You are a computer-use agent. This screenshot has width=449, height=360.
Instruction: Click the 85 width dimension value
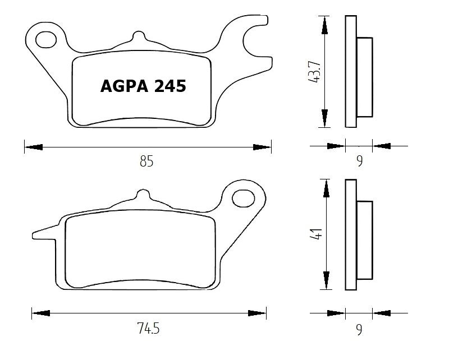146,162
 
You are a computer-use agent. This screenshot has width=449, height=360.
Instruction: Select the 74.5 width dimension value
148,328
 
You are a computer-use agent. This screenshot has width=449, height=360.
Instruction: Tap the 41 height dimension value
317,234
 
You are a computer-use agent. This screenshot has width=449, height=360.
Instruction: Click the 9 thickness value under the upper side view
359,161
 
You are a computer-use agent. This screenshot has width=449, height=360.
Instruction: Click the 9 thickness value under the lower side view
359,330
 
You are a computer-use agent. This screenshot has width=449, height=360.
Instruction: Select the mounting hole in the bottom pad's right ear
242,198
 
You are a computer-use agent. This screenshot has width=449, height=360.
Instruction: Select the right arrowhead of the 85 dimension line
262,147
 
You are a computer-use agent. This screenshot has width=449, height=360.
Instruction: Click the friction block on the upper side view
364,77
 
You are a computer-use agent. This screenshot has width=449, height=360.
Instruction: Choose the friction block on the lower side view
364,239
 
